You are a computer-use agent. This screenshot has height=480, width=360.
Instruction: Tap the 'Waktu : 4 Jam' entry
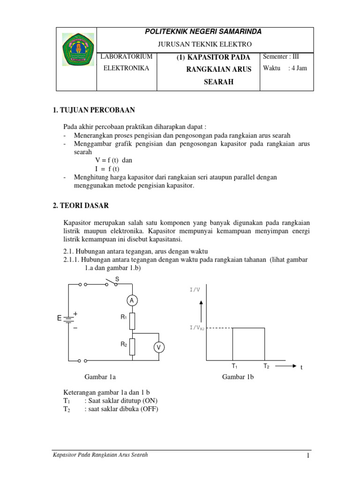(x=285, y=68)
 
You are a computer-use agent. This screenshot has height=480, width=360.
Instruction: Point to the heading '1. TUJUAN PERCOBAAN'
(x=94, y=110)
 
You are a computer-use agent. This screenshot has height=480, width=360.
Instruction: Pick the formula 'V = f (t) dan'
(x=114, y=160)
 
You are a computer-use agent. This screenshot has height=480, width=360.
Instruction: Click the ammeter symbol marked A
(x=132, y=300)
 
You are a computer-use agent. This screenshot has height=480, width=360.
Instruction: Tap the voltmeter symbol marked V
(x=158, y=347)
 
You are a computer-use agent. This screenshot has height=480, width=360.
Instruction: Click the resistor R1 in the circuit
(x=132, y=321)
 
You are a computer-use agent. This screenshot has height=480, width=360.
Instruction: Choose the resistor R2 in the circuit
(x=132, y=347)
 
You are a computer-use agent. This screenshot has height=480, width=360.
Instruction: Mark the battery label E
(x=59, y=319)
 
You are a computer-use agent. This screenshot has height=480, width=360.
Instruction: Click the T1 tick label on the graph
(x=234, y=366)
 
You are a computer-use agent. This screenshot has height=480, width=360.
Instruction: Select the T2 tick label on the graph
(x=266, y=366)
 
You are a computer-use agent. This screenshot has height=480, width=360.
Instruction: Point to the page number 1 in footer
(x=307, y=456)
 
